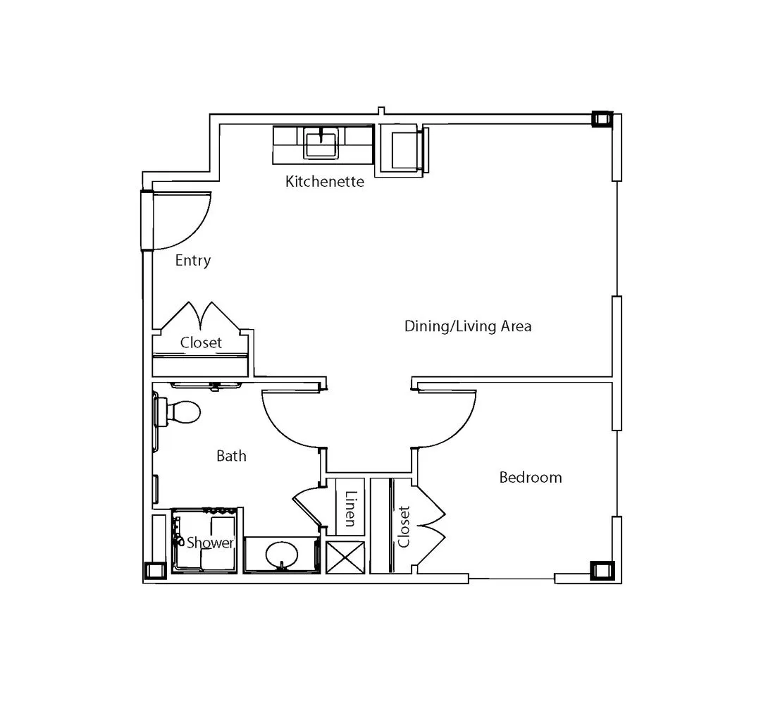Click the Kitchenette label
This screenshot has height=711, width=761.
[325, 181]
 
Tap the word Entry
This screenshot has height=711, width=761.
[192, 260]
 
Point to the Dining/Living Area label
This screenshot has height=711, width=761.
[468, 326]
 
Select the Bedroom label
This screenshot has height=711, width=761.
[531, 477]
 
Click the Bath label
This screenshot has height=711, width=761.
[232, 456]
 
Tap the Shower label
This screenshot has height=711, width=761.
[210, 542]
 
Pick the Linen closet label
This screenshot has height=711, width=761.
[350, 509]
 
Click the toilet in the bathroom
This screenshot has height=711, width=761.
[177, 412]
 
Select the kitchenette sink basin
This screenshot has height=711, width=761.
[321, 142]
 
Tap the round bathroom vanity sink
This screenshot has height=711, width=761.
[281, 555]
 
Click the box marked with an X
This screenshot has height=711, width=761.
[345, 557]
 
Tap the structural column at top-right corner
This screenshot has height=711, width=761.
[602, 119]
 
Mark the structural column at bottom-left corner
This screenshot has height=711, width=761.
[155, 571]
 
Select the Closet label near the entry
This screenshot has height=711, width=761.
[201, 342]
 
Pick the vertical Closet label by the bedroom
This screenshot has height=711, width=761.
[404, 526]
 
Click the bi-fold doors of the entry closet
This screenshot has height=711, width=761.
[200, 316]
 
